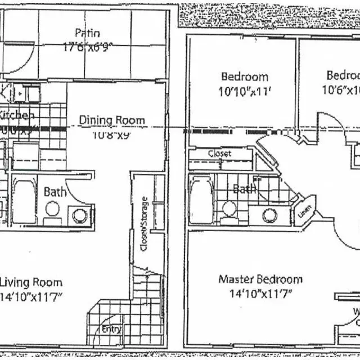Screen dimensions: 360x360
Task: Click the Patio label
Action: (88, 33)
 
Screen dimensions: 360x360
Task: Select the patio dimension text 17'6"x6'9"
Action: (88, 47)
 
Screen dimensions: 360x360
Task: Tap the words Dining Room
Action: (111, 120)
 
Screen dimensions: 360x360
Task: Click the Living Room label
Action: (31, 282)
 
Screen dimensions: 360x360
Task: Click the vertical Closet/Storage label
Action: (144, 223)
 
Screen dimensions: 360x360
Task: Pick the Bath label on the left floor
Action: (55, 192)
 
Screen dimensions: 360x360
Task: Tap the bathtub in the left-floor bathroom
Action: (24, 201)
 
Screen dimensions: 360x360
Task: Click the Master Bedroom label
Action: (260, 279)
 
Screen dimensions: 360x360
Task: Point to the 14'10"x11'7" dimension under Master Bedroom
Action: (260, 293)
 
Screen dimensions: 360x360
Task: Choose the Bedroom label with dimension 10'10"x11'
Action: (245, 76)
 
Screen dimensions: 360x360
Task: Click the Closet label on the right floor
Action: (219, 154)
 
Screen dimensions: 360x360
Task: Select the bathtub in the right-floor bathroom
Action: (201, 200)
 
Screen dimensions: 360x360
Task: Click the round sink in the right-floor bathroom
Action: (269, 215)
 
